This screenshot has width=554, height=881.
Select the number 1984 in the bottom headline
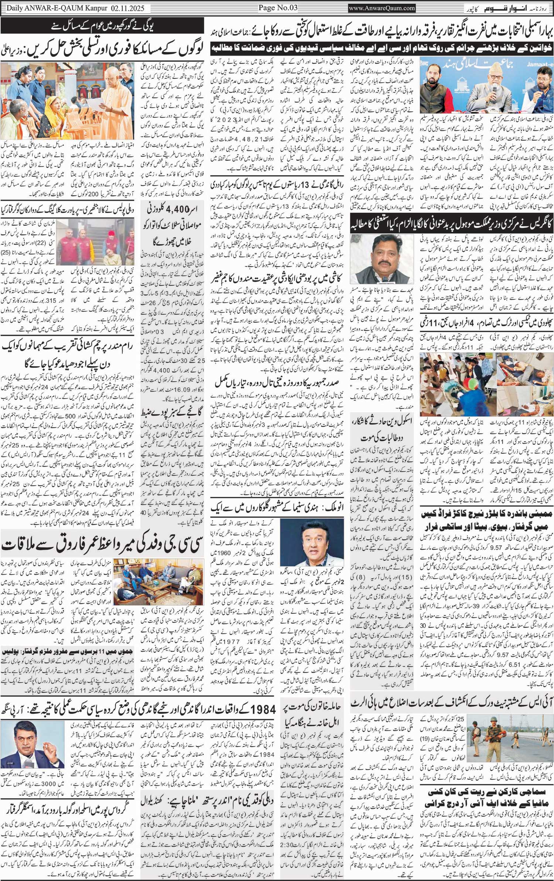(263, 710)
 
